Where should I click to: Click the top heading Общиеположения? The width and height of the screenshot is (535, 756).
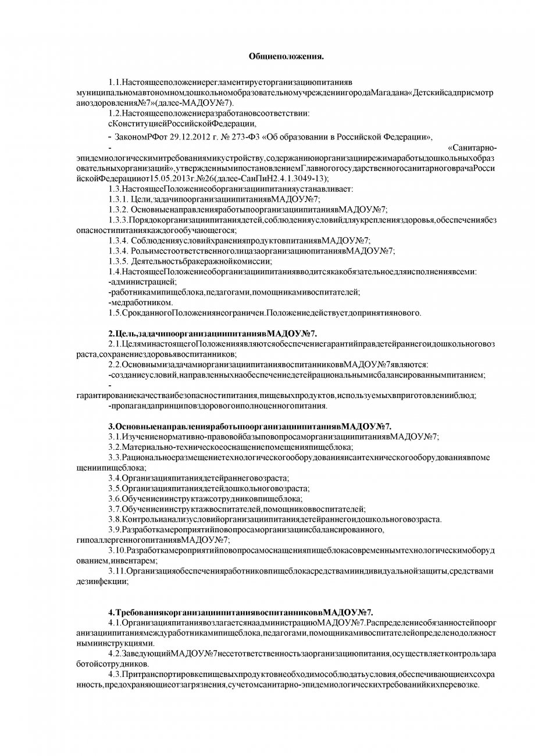[286, 56]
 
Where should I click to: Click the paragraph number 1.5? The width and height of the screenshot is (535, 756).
[115, 314]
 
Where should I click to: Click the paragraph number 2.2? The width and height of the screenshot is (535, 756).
[115, 365]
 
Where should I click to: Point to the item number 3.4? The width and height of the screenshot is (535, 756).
[115, 478]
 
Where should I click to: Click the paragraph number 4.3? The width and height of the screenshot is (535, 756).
[115, 675]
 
